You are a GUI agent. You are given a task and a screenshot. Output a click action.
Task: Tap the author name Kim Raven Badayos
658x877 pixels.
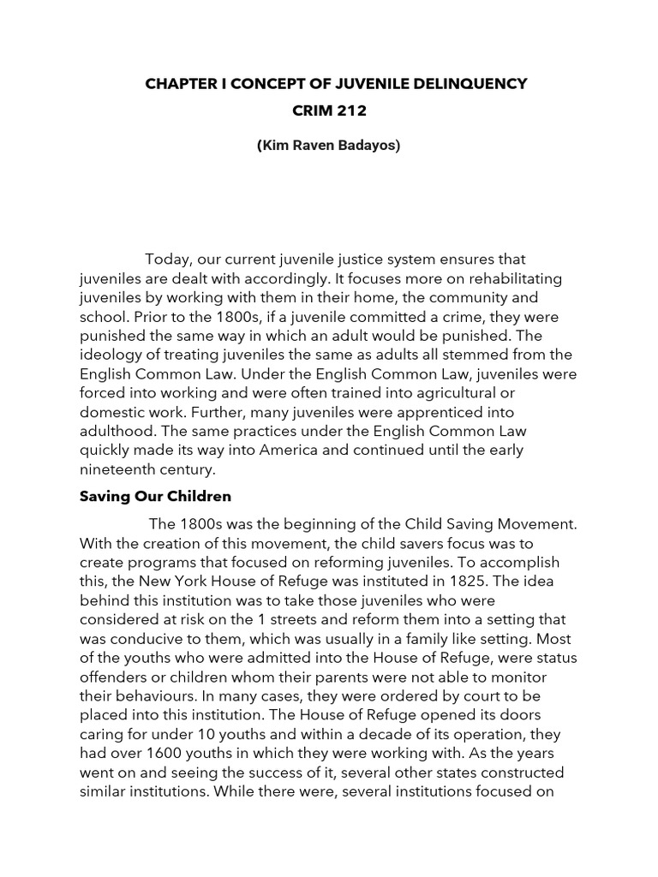point(328,145)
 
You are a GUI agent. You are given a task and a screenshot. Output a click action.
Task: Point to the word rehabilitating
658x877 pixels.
point(500,279)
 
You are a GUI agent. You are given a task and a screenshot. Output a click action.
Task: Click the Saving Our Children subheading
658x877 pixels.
point(155,496)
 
